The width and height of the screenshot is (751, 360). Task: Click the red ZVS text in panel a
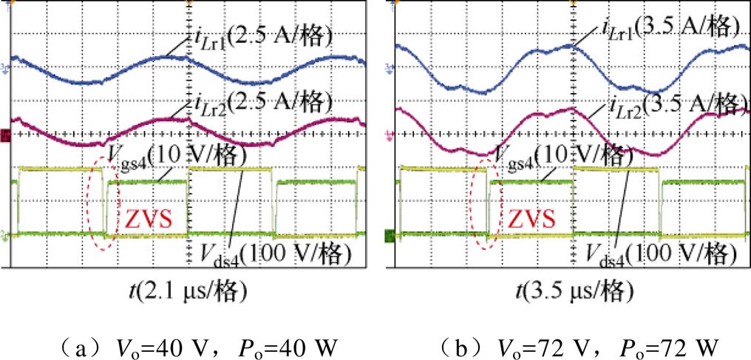coord(150,219)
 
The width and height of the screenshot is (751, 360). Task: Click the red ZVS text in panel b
coord(531,219)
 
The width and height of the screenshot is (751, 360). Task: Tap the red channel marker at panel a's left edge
coord(5,135)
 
